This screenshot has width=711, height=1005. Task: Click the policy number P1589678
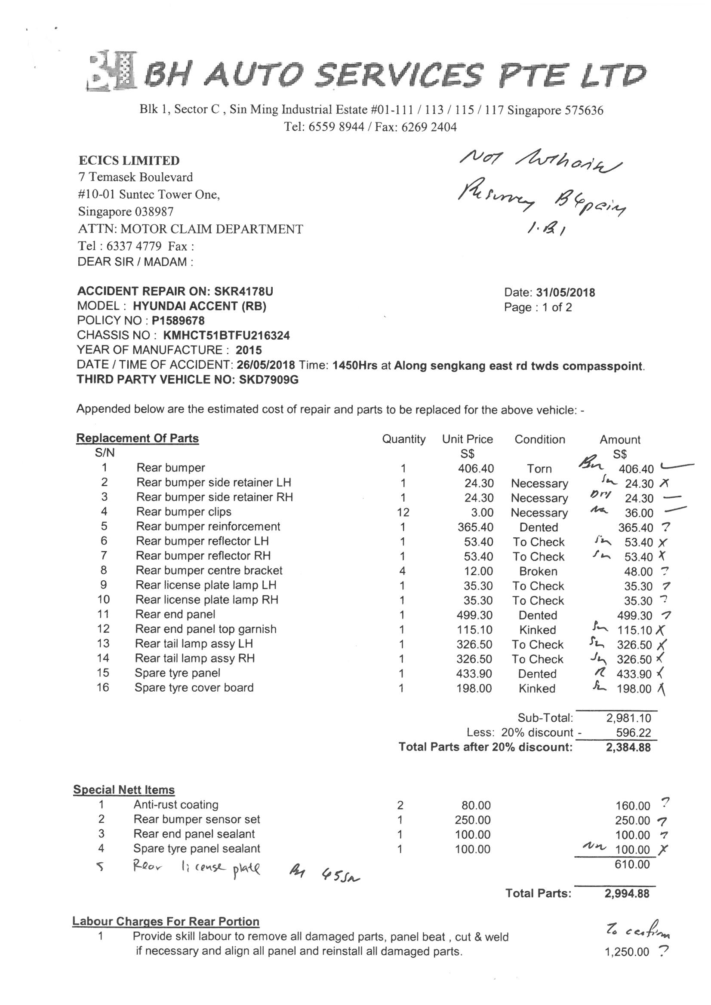178,320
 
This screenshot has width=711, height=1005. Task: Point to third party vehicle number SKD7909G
268,380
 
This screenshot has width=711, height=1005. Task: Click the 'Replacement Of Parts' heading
137,438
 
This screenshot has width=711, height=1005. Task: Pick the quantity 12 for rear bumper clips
403,512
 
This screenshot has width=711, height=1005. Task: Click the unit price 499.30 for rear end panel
474,615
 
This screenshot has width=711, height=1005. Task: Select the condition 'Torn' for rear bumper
539,469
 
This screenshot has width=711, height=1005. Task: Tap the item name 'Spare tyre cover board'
194,688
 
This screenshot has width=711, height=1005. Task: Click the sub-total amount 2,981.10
628,718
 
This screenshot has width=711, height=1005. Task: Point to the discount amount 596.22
634,733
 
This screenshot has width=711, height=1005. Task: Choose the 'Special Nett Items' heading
124,790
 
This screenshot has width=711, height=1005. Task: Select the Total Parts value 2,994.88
627,894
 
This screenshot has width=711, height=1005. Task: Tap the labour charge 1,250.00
627,952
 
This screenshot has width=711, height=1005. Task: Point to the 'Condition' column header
540,439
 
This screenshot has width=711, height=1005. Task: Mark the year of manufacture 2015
248,350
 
